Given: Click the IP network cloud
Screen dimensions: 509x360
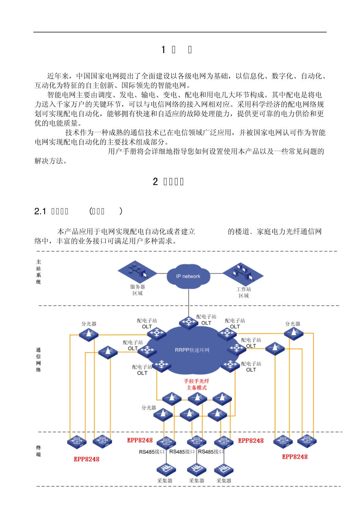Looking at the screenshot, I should (188, 276).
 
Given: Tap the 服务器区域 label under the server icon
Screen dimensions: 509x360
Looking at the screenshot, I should (138, 290).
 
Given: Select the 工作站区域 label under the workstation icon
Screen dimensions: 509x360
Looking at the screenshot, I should (244, 292).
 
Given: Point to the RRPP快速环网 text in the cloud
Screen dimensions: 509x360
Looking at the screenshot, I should (192, 350).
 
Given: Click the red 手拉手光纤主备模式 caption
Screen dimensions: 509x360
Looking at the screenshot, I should (197, 384).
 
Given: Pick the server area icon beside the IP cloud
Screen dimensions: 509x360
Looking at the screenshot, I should (137, 272).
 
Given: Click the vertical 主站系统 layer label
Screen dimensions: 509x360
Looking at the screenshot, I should (38, 272).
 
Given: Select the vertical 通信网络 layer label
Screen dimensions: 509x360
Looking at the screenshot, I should (38, 360).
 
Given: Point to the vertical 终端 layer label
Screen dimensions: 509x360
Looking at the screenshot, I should (38, 451).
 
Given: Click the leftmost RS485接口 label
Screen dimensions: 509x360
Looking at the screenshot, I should (152, 452).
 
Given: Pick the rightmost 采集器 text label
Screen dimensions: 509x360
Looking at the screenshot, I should (224, 481).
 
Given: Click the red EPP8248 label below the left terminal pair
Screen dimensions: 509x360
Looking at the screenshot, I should (86, 459).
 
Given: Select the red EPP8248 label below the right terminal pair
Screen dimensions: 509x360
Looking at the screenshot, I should (295, 457).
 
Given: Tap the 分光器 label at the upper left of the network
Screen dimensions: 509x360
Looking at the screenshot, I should (89, 324).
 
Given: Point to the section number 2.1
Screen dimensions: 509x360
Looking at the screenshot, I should (40, 211).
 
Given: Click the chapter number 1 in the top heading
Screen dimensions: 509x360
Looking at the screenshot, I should (163, 50).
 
